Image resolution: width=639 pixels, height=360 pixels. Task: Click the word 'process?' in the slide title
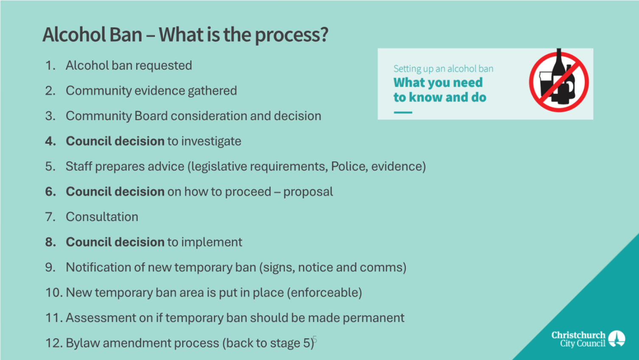tap(291, 35)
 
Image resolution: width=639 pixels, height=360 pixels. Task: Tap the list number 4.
tap(50, 141)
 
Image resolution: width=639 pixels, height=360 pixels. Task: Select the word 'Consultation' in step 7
tap(102, 217)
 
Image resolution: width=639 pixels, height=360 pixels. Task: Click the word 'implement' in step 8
tap(212, 242)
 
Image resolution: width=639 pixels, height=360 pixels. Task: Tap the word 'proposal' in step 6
tap(308, 192)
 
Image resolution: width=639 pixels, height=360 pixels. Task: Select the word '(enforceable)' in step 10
tap(324, 292)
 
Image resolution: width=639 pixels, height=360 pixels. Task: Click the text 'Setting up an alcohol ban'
tap(443, 69)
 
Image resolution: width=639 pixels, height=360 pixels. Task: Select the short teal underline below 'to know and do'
tap(403, 112)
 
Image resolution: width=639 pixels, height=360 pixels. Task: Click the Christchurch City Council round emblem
tap(617, 339)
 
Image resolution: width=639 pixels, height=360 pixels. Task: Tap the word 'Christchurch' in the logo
tap(578, 335)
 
